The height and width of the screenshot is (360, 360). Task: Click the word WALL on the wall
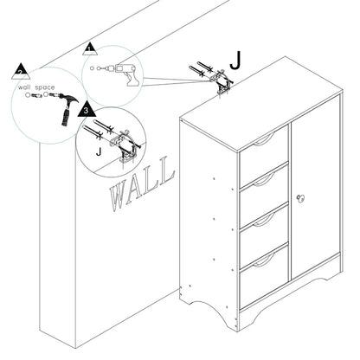(x=142, y=183)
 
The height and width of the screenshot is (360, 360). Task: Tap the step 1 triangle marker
(x=91, y=49)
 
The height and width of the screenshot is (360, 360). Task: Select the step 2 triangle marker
(x=21, y=72)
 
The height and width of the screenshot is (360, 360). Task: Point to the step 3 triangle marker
(x=87, y=110)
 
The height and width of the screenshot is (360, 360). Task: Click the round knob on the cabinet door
(x=300, y=199)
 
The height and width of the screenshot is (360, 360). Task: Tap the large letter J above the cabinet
(x=235, y=61)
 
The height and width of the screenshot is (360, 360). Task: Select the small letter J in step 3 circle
(x=99, y=151)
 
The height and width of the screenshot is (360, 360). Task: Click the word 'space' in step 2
(x=45, y=87)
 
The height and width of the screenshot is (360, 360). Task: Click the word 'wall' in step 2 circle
(x=24, y=87)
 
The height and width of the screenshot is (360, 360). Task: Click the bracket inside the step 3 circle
(x=125, y=147)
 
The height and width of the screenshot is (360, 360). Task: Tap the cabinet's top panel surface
(x=260, y=104)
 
